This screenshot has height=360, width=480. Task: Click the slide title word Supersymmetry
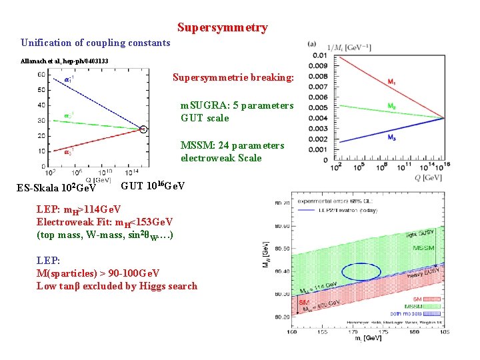(223, 27)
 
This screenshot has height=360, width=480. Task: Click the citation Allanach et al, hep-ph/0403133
(65, 61)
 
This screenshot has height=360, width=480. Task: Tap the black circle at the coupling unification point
(143, 129)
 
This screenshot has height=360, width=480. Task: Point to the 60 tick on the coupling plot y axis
(41, 75)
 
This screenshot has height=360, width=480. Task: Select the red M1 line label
(391, 82)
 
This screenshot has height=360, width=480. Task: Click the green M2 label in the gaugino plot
(391, 106)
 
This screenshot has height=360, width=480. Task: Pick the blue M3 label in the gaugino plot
(391, 139)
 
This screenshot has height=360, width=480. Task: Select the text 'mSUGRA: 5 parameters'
(237, 105)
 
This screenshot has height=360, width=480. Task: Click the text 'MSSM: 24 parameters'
(232, 145)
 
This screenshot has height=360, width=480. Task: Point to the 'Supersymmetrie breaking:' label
(233, 77)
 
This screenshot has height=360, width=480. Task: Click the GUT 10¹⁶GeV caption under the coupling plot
(153, 185)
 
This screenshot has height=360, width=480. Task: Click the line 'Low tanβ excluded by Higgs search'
(117, 286)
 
